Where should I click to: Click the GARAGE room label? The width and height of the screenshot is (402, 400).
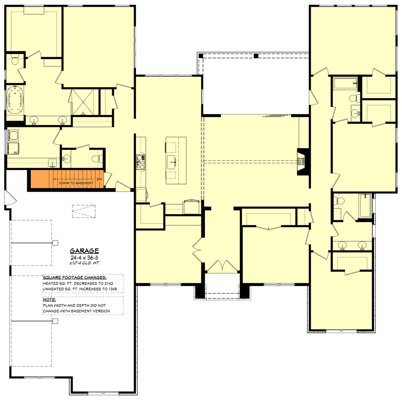coord(85,251)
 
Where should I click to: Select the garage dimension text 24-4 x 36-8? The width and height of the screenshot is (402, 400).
coord(85,258)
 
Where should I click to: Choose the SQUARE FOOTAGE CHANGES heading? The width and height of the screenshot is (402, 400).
coord(74,277)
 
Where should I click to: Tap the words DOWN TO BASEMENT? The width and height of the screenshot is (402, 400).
coord(76,183)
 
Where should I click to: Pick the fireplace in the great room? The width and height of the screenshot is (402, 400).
coord(301,160)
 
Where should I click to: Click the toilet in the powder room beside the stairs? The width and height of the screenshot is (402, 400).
coord(95,158)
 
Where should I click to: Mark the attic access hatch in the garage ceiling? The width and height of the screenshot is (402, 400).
coord(80,211)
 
